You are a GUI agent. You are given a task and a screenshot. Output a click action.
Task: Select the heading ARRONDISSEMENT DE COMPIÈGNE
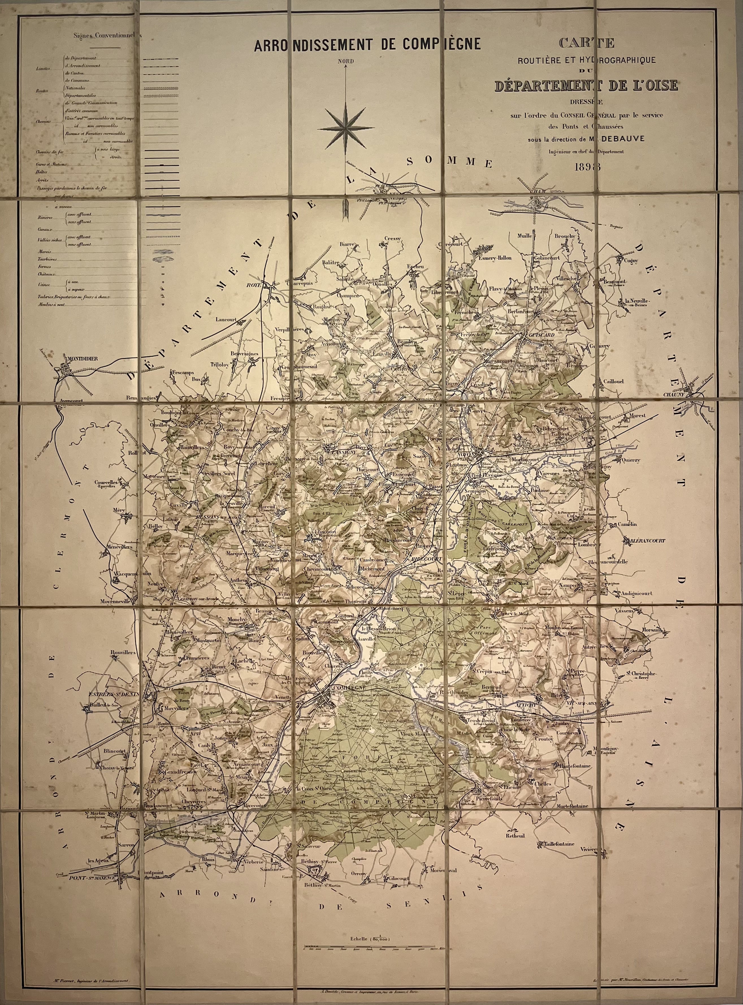click(x=367, y=45)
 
